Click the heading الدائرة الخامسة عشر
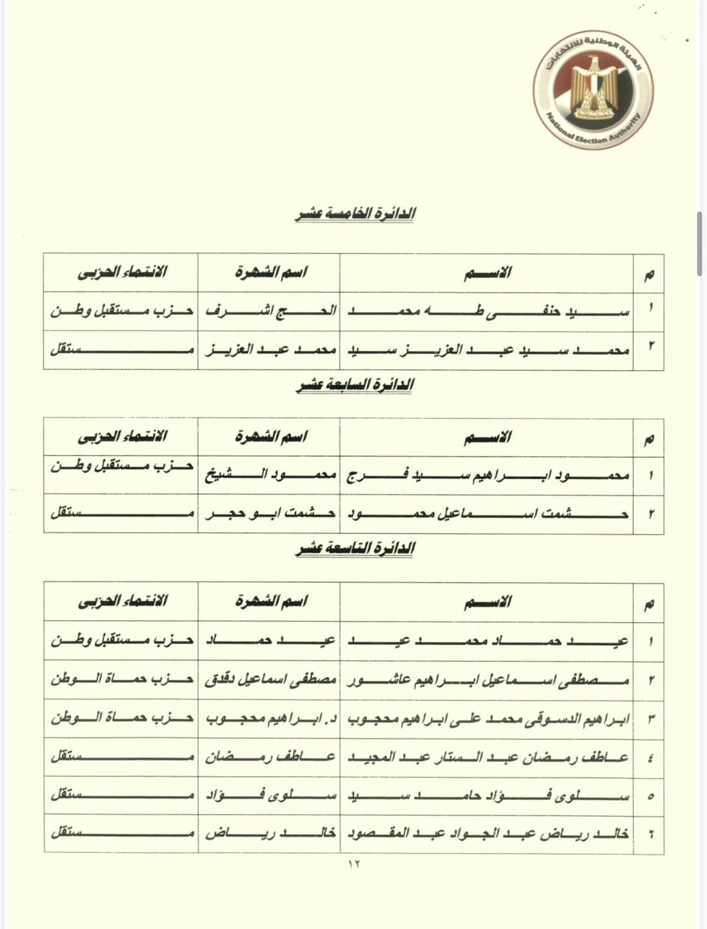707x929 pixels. point(355,214)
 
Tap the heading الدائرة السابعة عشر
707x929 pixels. point(355,385)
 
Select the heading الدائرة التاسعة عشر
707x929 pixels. point(355,549)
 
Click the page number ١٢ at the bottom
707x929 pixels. point(354,864)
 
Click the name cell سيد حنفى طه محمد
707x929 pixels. point(488,311)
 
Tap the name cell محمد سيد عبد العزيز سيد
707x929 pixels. point(488,350)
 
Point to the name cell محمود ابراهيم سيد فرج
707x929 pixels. point(488,475)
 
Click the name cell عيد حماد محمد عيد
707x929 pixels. point(488,641)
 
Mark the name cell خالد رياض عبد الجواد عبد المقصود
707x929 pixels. point(488,833)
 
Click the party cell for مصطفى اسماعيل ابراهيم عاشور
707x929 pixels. point(122,679)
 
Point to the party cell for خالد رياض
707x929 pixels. point(122,833)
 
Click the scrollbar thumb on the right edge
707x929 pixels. point(699,244)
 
